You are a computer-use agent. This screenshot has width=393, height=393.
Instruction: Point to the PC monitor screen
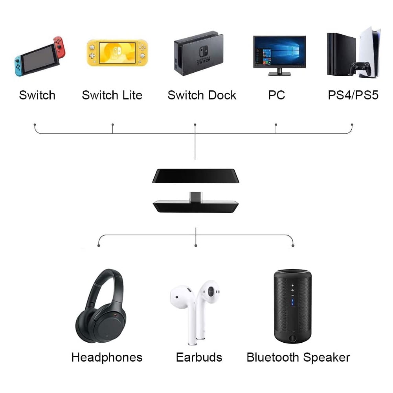[279, 52]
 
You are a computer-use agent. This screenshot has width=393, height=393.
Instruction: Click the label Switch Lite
[112, 95]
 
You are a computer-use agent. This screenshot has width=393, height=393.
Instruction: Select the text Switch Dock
[202, 95]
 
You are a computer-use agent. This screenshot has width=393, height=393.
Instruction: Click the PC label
[276, 95]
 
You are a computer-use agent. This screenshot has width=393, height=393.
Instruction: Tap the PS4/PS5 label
[353, 95]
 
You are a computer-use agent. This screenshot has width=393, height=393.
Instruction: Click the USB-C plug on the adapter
[195, 196]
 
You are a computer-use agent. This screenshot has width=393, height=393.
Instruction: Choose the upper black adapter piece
[195, 176]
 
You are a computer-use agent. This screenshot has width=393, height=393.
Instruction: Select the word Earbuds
[199, 357]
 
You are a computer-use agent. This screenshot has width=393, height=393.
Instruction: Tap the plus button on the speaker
[292, 285]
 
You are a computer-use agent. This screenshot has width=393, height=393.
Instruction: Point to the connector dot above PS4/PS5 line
[352, 125]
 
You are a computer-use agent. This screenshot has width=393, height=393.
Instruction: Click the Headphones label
[107, 357]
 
